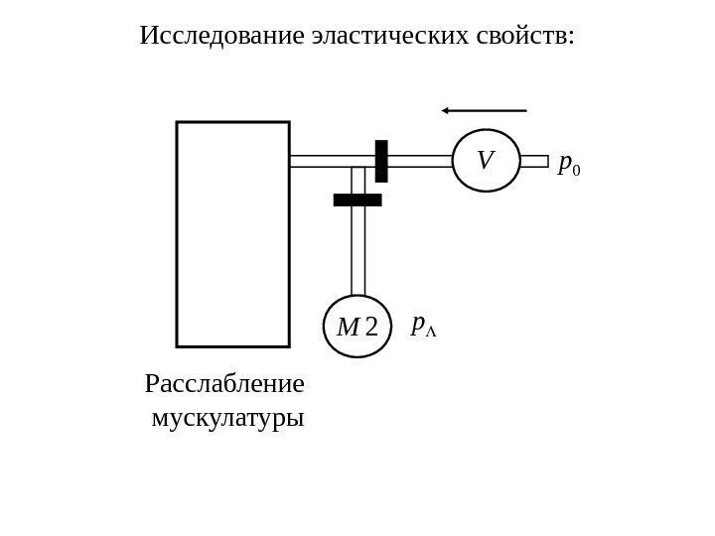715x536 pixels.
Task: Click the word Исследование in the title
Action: (x=221, y=37)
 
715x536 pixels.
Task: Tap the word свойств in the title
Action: (x=522, y=37)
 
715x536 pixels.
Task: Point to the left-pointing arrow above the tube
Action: (x=485, y=110)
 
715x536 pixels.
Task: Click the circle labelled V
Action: (x=486, y=161)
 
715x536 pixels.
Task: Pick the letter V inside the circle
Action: (x=485, y=160)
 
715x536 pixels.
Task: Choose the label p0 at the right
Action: (x=569, y=165)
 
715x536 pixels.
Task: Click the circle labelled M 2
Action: (x=357, y=326)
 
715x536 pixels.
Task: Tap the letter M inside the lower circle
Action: (x=348, y=327)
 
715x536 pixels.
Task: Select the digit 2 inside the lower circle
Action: (x=371, y=327)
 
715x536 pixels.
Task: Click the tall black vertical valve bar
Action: (x=381, y=161)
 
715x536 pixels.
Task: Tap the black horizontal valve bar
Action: (x=357, y=200)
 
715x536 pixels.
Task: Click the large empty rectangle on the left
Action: (x=232, y=234)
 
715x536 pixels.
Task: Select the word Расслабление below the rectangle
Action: (x=224, y=383)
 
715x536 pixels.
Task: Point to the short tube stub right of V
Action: (x=534, y=161)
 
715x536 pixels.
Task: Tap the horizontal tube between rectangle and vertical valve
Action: (x=332, y=161)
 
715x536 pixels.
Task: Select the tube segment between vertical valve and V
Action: (x=420, y=161)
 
